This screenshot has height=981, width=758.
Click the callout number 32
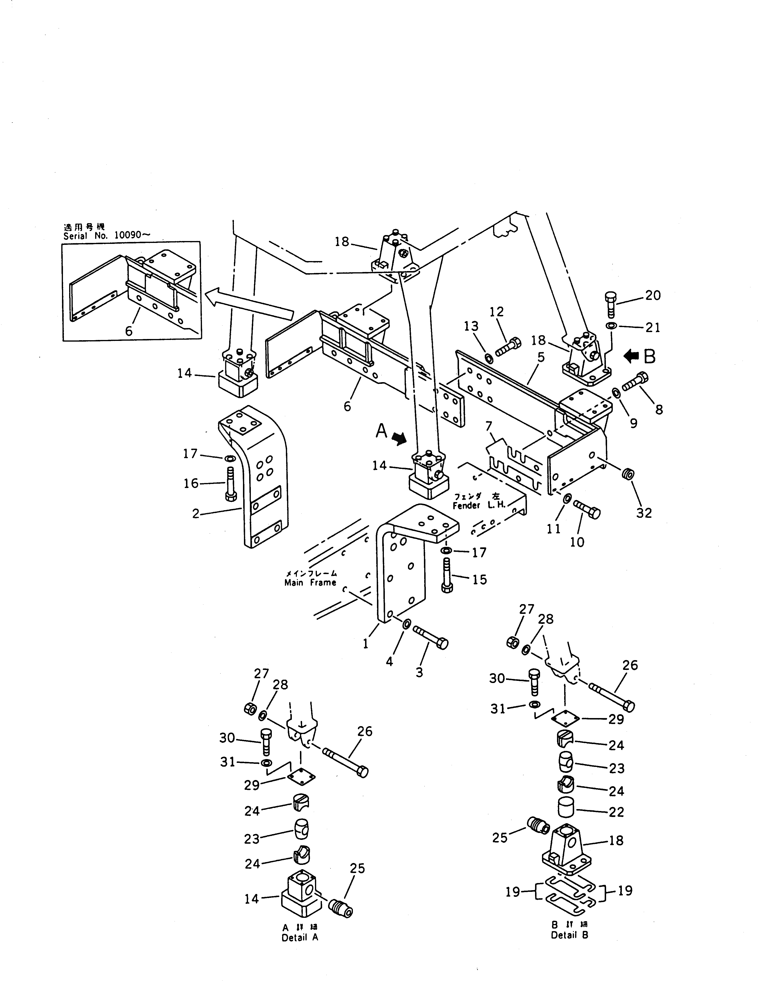coord(643,513)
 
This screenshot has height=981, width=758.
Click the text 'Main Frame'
coord(310,583)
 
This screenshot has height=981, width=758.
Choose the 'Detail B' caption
coord(569,935)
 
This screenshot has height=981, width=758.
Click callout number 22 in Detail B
coord(616,812)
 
